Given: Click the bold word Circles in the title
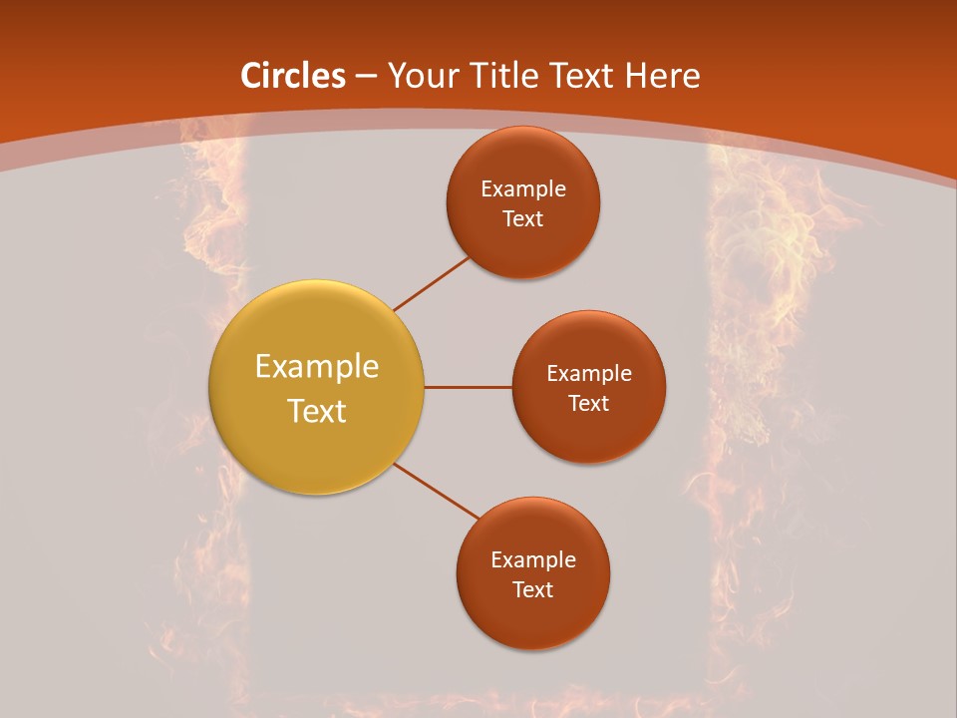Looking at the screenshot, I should tap(293, 76).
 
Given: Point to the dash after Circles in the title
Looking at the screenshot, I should tap(366, 77).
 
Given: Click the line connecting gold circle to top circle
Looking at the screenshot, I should tap(432, 283).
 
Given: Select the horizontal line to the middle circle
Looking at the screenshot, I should tap(469, 387).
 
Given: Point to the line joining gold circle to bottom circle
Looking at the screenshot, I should tap(438, 492).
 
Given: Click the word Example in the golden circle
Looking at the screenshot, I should tap(317, 367).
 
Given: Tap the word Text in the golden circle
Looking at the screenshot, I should tap(317, 411).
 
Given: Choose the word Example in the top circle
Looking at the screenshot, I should tap(523, 189).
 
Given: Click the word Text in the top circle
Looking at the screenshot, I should tap(523, 219).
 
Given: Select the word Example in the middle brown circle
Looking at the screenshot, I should tap(589, 374).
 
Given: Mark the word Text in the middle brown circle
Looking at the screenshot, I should tap(589, 404).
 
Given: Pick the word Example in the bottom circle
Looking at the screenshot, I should tap(533, 560).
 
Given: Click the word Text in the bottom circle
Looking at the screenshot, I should tap(533, 590).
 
